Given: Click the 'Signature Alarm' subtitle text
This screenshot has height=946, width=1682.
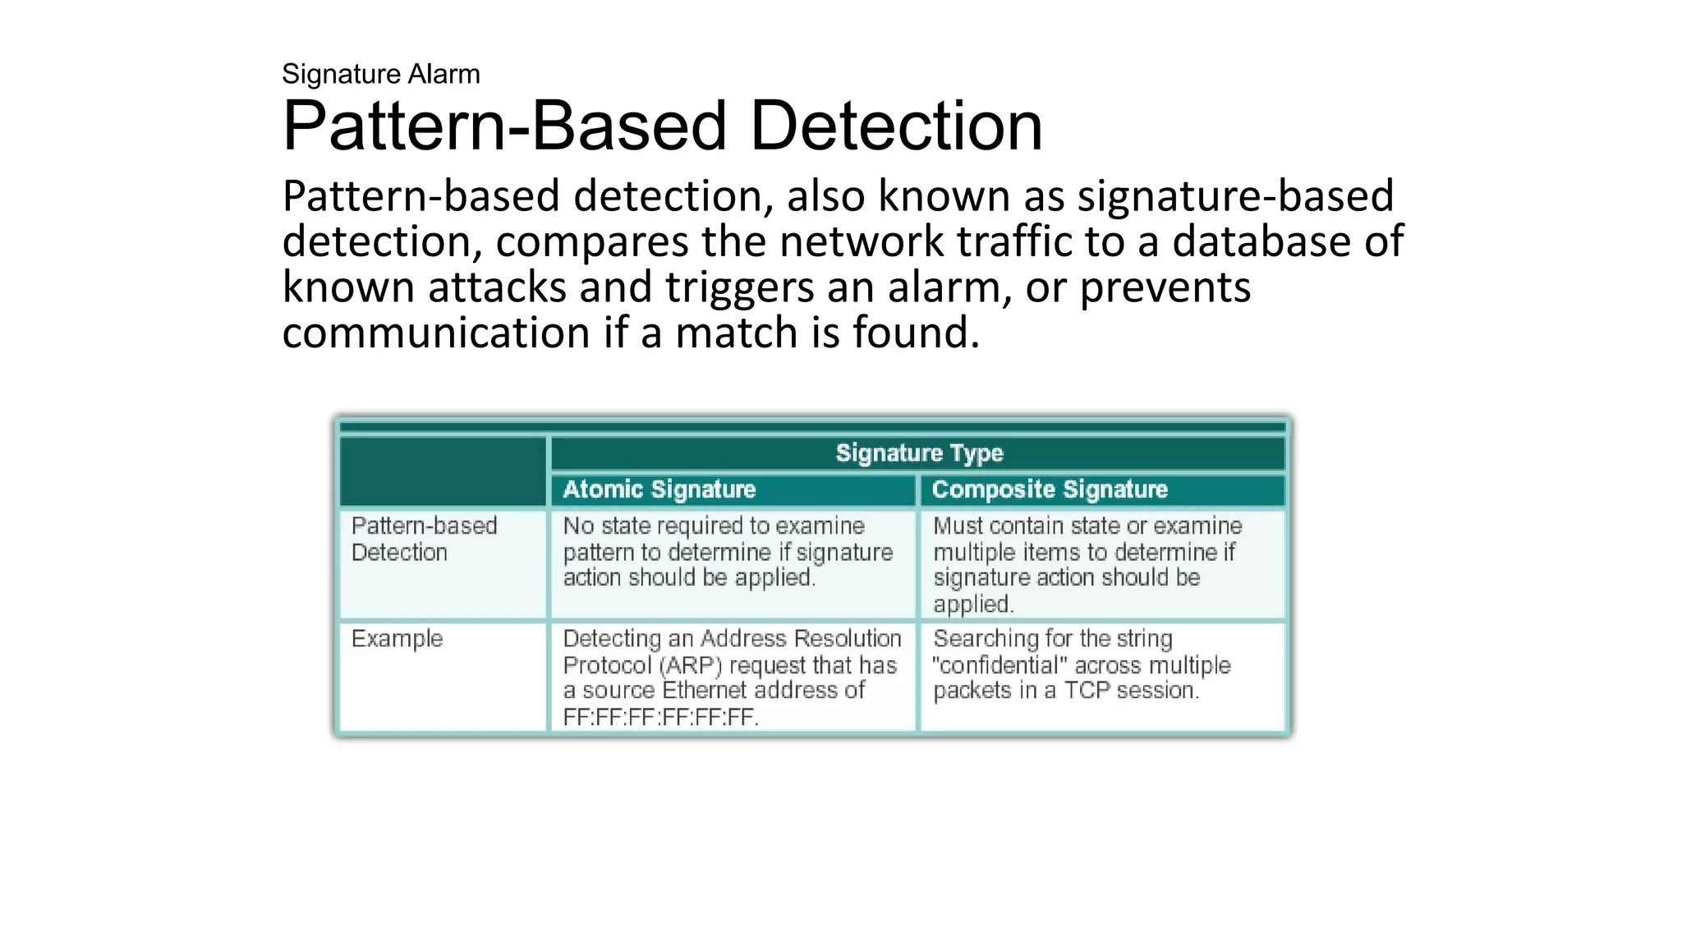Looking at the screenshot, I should click(380, 74).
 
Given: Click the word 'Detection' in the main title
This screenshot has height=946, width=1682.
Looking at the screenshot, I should click(896, 126).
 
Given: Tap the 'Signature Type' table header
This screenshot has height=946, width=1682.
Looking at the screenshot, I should click(918, 453).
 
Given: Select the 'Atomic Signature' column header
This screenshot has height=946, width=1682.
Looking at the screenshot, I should click(659, 489).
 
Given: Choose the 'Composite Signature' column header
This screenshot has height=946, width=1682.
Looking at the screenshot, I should click(1050, 489).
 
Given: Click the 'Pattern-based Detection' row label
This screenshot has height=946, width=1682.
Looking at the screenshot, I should click(424, 539).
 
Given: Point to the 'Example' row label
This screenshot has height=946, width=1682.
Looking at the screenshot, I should click(397, 639).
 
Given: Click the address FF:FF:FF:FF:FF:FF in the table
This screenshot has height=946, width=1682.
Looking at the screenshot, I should click(660, 717).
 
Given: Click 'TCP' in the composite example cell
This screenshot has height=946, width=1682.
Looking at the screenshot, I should click(1087, 691).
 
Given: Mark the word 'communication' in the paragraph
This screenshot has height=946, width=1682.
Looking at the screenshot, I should click(436, 333).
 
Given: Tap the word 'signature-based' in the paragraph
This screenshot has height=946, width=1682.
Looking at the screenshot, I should click(1235, 196).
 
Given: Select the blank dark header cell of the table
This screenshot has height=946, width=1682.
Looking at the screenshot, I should click(443, 471).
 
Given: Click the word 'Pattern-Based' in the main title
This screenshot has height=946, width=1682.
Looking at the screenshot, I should click(504, 126).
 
